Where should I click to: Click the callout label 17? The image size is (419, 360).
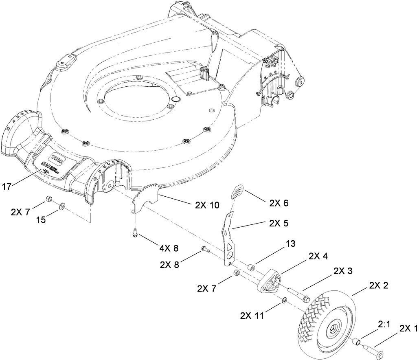[6, 187]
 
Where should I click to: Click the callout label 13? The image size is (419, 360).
[290, 244]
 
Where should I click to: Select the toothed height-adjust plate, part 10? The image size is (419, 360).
[145, 198]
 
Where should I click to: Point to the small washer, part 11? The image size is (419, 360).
[284, 301]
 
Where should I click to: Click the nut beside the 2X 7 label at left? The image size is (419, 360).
[47, 199]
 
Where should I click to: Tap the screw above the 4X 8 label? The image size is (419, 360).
[135, 233]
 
